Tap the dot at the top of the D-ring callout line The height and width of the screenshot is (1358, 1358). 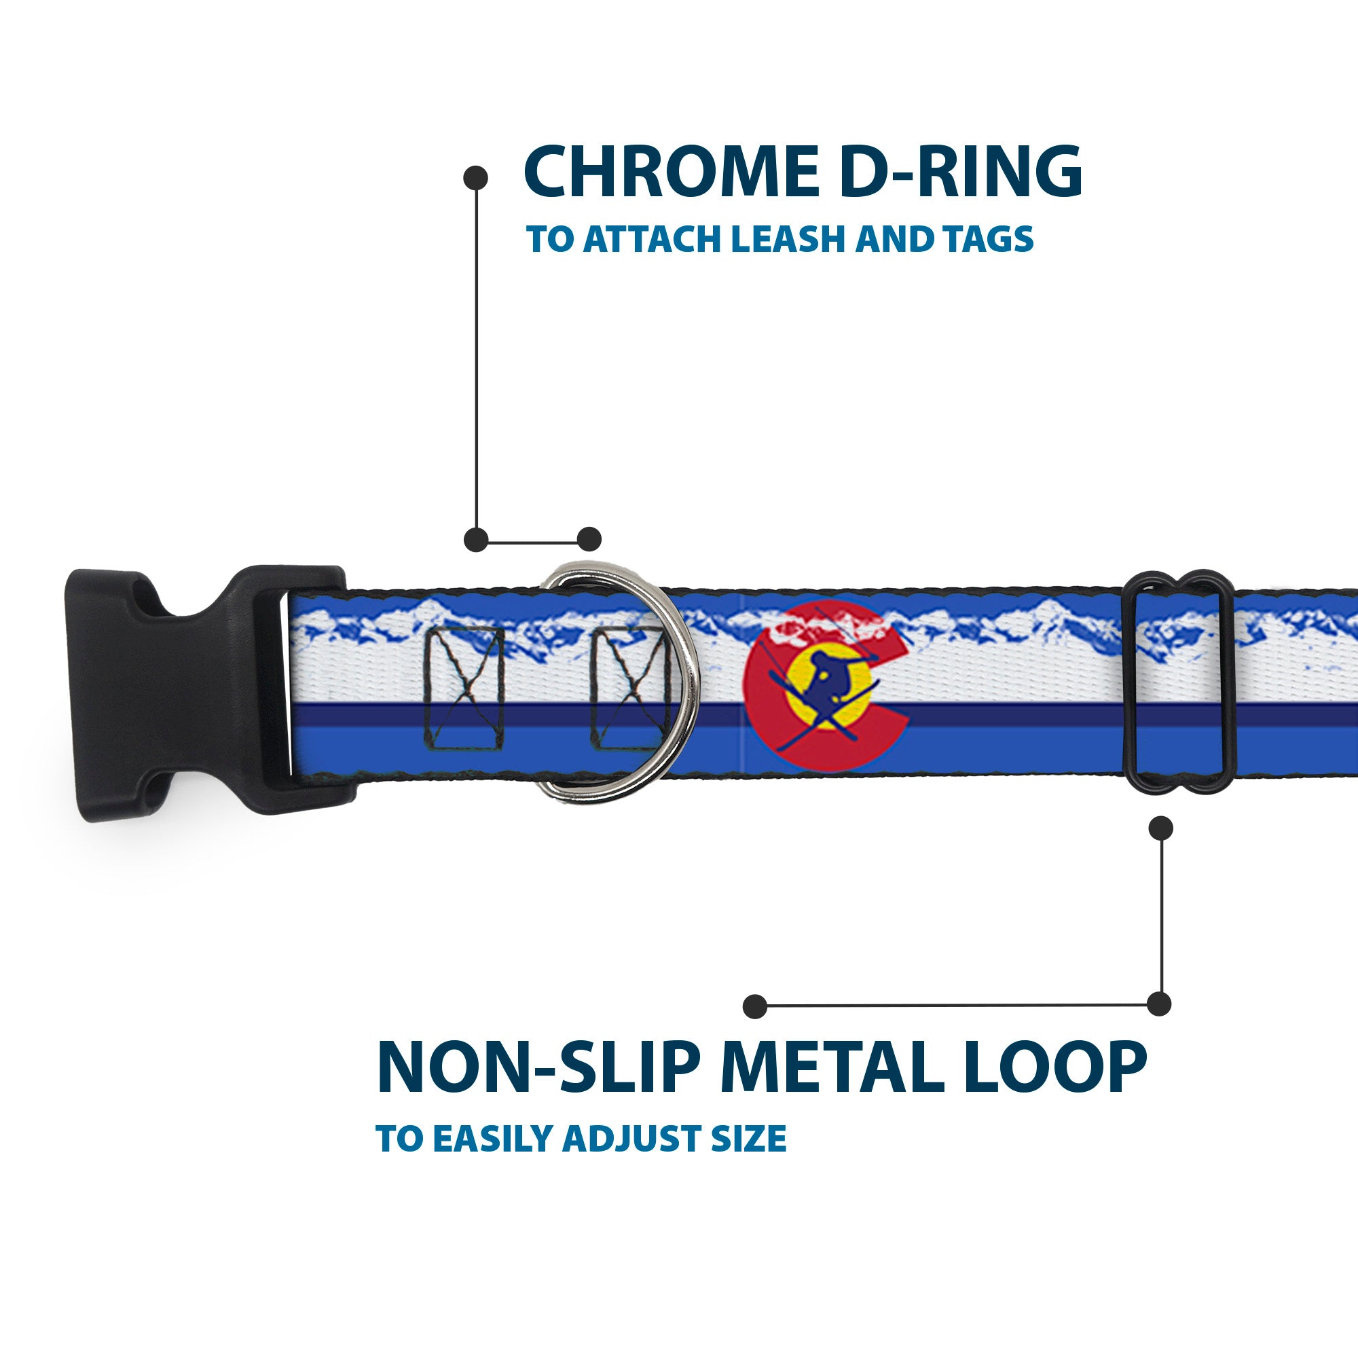476,178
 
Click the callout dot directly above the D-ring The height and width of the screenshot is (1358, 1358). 589,539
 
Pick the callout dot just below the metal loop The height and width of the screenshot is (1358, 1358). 1160,828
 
